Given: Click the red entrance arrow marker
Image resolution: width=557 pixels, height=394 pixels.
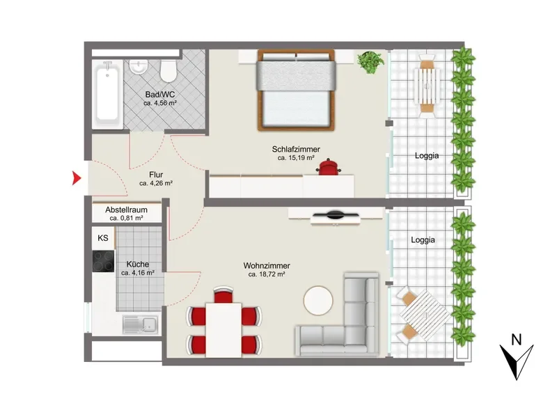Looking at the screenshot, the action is [x=76, y=178].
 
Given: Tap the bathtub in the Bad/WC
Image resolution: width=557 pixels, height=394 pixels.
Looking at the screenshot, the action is [x=107, y=94].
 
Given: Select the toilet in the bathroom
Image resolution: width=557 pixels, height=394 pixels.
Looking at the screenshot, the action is [x=168, y=70].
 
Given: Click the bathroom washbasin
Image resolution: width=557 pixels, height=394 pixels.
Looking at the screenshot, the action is [x=138, y=67].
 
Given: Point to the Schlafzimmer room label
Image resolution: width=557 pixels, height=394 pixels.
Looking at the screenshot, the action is [x=296, y=149].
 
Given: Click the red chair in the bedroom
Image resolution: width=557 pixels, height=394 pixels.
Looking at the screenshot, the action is [x=329, y=167].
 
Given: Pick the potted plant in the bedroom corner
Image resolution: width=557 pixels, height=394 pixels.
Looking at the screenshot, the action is [x=370, y=62].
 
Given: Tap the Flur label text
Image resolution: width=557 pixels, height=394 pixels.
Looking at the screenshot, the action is [x=156, y=175].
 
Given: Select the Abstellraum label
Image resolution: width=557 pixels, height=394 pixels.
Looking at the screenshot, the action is [x=126, y=210].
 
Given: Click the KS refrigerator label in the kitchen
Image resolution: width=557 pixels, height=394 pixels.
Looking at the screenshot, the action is [x=103, y=237].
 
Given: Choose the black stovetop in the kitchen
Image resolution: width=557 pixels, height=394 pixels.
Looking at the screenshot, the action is [x=103, y=261].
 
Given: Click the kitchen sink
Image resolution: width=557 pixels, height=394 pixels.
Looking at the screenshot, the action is [x=141, y=324].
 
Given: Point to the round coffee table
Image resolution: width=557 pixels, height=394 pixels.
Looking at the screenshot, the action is [x=318, y=300].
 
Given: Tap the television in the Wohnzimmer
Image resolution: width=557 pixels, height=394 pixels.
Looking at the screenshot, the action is [x=336, y=215].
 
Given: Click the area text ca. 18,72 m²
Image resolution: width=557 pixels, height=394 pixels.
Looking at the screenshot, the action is [x=267, y=274].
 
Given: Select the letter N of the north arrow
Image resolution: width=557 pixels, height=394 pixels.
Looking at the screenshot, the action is [x=516, y=340].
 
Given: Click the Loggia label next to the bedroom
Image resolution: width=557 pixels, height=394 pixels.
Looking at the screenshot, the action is [x=427, y=156].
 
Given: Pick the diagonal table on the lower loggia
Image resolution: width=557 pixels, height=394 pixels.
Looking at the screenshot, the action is [x=425, y=315].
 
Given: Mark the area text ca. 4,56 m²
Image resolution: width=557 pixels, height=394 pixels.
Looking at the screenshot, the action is [x=160, y=103].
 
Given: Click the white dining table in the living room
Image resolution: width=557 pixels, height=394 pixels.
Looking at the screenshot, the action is [x=223, y=330].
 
